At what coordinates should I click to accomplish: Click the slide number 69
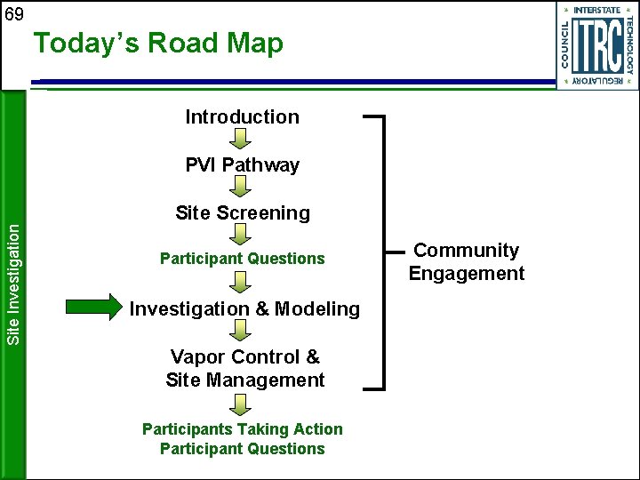click(14, 13)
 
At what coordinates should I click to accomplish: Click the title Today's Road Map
click(158, 44)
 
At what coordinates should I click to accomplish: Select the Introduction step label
click(242, 116)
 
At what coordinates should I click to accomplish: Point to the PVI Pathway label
click(242, 164)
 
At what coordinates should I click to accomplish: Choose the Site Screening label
click(242, 212)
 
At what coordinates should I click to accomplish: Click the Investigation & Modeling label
click(244, 308)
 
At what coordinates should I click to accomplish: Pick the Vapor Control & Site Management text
click(244, 368)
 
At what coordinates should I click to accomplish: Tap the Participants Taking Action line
click(242, 428)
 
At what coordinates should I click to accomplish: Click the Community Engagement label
click(467, 262)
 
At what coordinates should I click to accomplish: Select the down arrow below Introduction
click(242, 139)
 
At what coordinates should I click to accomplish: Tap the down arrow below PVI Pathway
click(242, 187)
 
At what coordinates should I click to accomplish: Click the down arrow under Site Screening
click(242, 235)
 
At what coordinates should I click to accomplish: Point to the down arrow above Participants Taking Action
click(242, 404)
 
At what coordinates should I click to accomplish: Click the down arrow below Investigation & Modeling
click(242, 331)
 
